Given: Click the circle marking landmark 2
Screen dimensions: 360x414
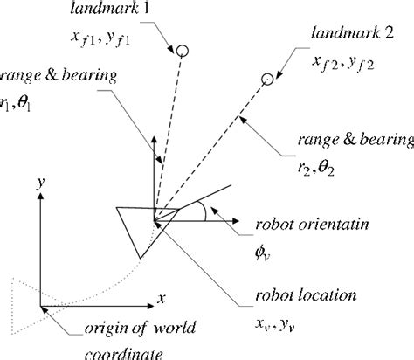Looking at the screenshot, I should click(x=266, y=80).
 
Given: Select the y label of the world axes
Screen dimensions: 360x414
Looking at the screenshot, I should click(x=39, y=182).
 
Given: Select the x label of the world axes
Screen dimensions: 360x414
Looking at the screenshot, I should click(x=162, y=298).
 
